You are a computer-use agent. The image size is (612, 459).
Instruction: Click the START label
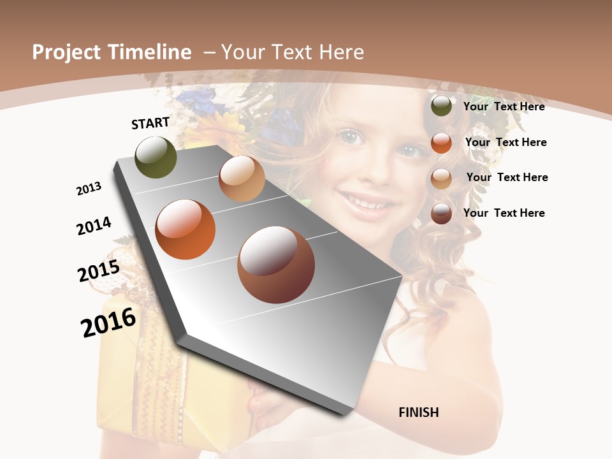(150, 123)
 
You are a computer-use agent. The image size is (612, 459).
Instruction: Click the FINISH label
(419, 412)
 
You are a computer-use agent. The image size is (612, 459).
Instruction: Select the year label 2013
(89, 189)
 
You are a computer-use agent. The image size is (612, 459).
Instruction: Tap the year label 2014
(94, 226)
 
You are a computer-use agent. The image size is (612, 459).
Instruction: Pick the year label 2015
(99, 271)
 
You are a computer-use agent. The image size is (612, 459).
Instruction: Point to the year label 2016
(108, 323)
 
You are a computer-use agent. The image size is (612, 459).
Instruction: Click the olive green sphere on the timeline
(156, 157)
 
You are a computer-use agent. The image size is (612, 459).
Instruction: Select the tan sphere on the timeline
(242, 178)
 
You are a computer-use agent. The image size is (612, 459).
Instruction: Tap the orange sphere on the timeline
(186, 229)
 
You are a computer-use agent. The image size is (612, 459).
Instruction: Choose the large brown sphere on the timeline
(276, 265)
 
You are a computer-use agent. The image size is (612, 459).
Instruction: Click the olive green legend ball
(441, 106)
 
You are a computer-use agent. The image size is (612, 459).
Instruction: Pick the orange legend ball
(441, 143)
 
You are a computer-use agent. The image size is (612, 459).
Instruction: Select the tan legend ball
(441, 178)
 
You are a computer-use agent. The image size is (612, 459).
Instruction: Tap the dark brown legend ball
(441, 214)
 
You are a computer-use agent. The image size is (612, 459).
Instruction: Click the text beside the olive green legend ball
(504, 106)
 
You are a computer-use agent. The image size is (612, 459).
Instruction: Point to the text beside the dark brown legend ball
(504, 213)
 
